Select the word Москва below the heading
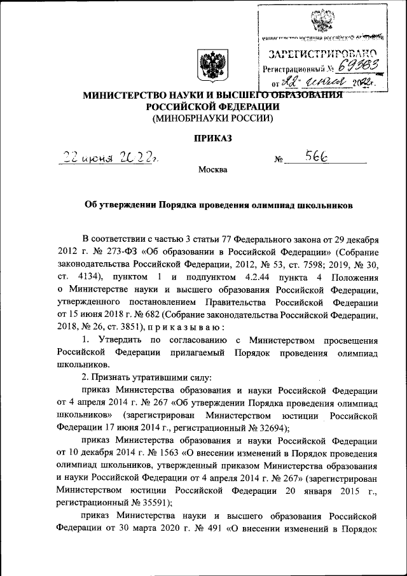click(x=212, y=170)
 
